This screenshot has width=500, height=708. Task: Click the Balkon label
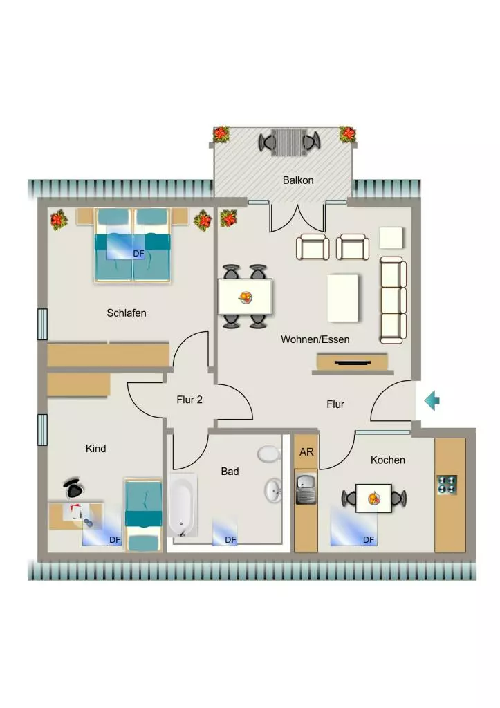pos(297,180)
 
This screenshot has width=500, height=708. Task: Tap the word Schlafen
pos(127,313)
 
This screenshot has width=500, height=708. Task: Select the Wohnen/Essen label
pos(315,339)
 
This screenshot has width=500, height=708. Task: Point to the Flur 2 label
pos(189,400)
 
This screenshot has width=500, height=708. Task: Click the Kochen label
pos(387,460)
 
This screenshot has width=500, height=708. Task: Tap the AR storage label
pos(306,452)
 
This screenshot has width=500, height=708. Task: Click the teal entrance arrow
pos(432,400)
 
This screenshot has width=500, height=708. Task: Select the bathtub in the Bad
pos(182,505)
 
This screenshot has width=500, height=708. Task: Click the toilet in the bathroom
pos(269,454)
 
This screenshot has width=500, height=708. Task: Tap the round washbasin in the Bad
pos(273,490)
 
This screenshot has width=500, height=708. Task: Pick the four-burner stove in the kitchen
pos(447,485)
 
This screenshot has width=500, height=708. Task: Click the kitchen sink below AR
pos(306,489)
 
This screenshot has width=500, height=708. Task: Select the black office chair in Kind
pos(73,487)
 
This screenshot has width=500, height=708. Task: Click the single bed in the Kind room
pos(143,515)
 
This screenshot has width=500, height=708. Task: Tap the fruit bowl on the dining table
pos(246,297)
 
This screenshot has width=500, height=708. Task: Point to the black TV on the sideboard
pos(353,362)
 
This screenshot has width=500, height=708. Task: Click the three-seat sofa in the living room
pos(393,300)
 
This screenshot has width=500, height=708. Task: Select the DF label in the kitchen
pos(369,539)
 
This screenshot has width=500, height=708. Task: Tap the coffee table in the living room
pos(343,298)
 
